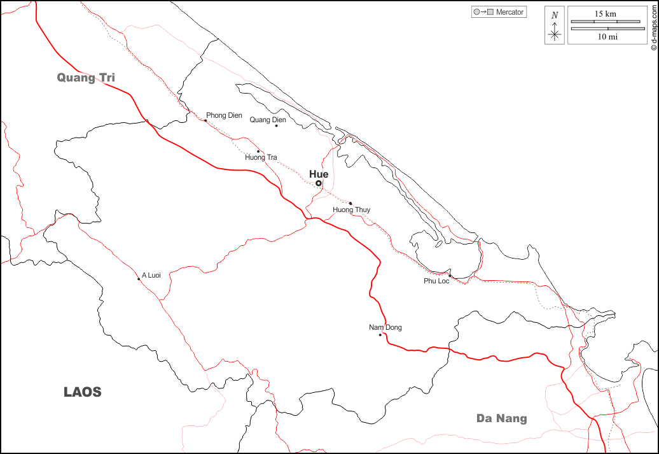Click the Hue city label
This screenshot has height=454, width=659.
coord(319,174)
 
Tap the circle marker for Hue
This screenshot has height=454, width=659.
coord(319,183)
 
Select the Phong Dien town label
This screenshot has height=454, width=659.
coord(224,115)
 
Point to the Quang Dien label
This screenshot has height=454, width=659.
coord(268,120)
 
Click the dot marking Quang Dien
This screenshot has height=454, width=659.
coord(276,125)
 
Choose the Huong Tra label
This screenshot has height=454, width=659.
coord(261,157)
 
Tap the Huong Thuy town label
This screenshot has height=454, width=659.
coord(351,210)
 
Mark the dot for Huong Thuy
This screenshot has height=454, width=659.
coord(350,204)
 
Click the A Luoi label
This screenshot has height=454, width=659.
coord(151,275)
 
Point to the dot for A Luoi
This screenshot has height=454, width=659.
coord(139,279)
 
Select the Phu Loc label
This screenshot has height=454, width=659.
coord(436,281)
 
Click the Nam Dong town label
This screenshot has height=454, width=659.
coord(385,328)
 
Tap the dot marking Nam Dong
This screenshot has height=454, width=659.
coord(380,335)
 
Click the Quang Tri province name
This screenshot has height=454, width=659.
coord(86,78)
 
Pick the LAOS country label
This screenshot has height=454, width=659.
coord(83,392)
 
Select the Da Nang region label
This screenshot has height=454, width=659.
coord(502,418)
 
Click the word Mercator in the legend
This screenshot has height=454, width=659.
coord(510,12)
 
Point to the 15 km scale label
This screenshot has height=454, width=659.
coord(606,13)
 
